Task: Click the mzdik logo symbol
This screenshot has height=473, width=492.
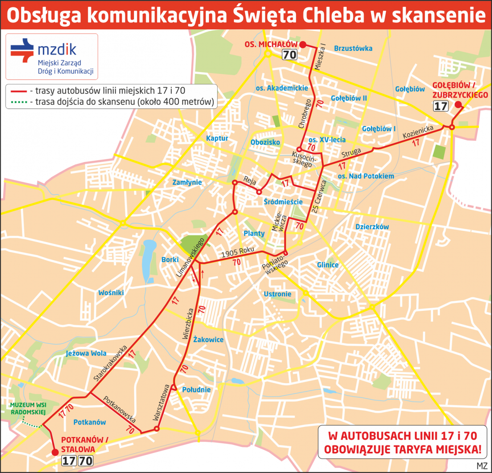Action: (22, 50)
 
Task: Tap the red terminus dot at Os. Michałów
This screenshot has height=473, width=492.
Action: (303, 45)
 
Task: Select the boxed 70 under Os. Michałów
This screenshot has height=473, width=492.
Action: (290, 54)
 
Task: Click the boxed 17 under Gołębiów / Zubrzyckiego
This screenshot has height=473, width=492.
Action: (441, 106)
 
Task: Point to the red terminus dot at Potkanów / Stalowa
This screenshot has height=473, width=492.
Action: (55, 452)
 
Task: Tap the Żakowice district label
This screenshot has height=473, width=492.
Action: (208, 340)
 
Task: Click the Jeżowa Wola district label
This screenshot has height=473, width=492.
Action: (86, 353)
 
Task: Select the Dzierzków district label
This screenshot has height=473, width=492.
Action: (372, 227)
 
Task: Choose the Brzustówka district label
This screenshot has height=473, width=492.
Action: (353, 48)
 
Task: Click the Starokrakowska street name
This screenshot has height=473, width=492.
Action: (110, 363)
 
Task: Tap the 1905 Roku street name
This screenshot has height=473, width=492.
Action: (237, 252)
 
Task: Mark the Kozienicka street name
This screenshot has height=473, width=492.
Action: (418, 132)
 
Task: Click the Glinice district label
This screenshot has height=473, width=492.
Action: (328, 265)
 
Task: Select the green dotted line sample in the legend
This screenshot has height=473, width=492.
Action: (17, 102)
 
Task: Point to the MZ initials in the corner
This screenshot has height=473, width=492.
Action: (482, 466)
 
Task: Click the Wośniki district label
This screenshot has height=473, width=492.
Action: (111, 293)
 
